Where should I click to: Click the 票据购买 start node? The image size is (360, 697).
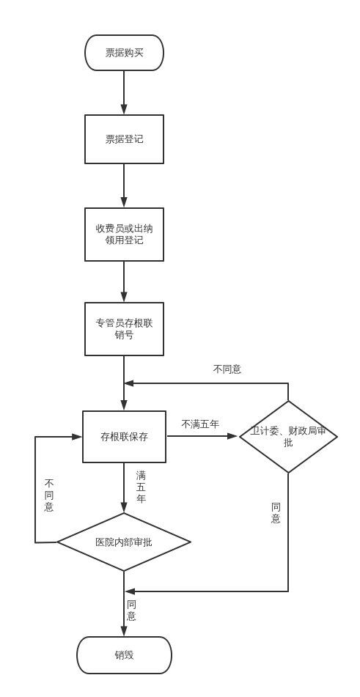pos(124,53)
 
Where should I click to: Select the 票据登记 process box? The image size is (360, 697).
pos(124,139)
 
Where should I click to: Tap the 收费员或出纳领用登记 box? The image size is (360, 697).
pos(124,235)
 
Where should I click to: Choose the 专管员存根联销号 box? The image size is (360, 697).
pos(124,329)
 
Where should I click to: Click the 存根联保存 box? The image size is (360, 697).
pos(124,437)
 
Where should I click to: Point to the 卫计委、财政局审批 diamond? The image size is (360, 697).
pos(288,437)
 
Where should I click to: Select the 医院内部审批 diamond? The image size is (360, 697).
pos(124,542)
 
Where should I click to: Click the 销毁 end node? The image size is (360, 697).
pos(124,655)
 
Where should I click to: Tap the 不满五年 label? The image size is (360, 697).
pos(200,424)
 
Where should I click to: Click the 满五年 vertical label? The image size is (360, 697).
pos(141,487)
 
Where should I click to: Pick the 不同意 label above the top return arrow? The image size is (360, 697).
pos(227,369)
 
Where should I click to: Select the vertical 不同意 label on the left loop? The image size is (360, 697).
pos(49,495)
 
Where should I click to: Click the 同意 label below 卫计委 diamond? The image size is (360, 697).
pos(276,513)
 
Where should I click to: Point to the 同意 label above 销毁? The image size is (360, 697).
pos(131,611)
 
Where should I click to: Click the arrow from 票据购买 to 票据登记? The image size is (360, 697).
pos(124,92)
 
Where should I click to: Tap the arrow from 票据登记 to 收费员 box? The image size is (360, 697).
pos(124,185)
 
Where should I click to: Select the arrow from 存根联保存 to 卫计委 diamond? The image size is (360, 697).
pos(202,436)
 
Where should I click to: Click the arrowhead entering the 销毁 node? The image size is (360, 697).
pos(124,631)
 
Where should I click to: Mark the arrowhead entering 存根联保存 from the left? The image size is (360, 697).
pos(77,437)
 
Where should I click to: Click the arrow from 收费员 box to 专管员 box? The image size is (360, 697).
pos(124,281)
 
